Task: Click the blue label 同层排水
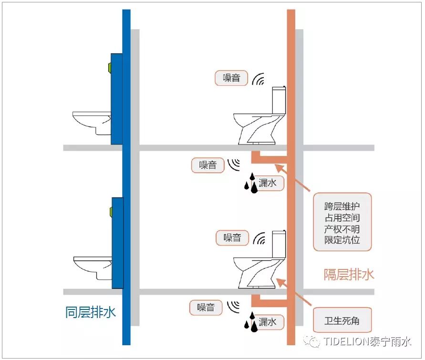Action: click(90, 313)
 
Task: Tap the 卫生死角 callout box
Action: click(342, 320)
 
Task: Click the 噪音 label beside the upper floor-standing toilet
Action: click(231, 78)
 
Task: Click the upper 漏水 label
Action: click(267, 183)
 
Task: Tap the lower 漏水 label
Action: click(267, 322)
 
